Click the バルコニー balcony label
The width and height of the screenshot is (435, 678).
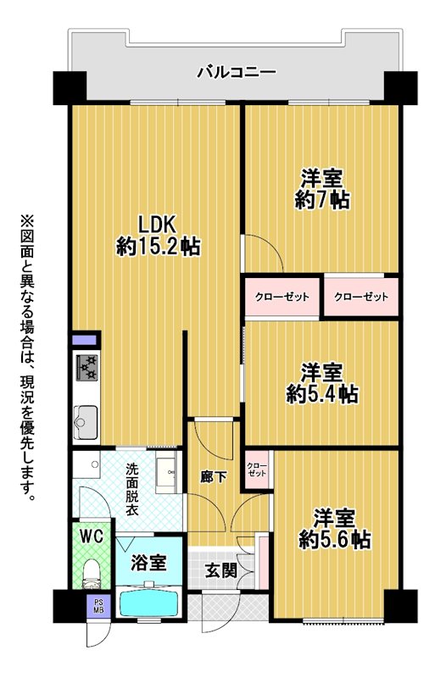237,72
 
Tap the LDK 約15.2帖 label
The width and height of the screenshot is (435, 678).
158,236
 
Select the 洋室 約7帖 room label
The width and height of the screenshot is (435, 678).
322,189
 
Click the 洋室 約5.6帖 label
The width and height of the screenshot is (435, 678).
335,528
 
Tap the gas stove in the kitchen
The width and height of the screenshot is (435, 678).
87,368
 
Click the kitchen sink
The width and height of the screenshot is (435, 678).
86,422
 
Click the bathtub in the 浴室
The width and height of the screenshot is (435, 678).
149,604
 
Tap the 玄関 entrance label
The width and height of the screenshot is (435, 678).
221,570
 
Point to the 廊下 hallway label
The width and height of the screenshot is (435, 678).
214,476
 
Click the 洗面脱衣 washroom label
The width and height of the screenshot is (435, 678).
132,489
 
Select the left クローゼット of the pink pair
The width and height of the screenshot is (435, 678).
282,297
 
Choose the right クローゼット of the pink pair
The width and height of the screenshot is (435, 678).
361,297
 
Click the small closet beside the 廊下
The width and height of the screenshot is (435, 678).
257,470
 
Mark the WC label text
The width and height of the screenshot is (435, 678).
92,536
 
